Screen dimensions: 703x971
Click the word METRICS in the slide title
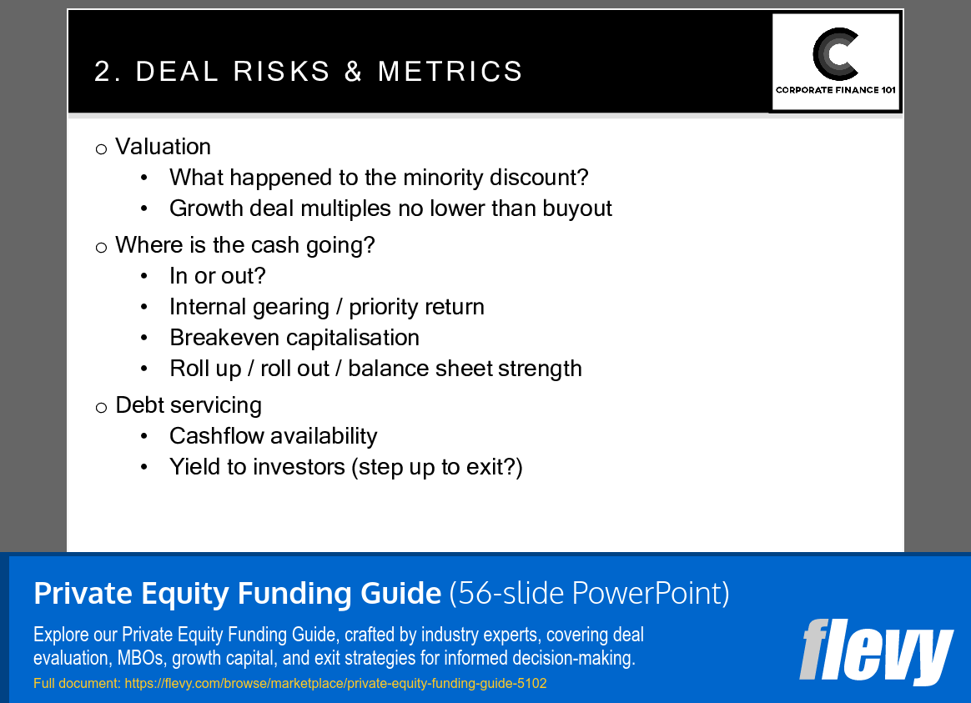(450, 72)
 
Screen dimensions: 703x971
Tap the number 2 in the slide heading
(103, 72)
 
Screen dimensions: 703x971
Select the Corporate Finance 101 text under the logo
(836, 90)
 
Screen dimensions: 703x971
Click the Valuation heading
(163, 147)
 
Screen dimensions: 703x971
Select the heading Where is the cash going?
(245, 245)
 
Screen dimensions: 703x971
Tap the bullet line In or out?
(217, 276)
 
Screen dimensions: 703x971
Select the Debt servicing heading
(189, 405)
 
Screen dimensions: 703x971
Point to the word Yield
(194, 467)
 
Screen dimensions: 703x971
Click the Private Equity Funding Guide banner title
(237, 594)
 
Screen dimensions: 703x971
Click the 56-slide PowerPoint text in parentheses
(589, 594)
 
